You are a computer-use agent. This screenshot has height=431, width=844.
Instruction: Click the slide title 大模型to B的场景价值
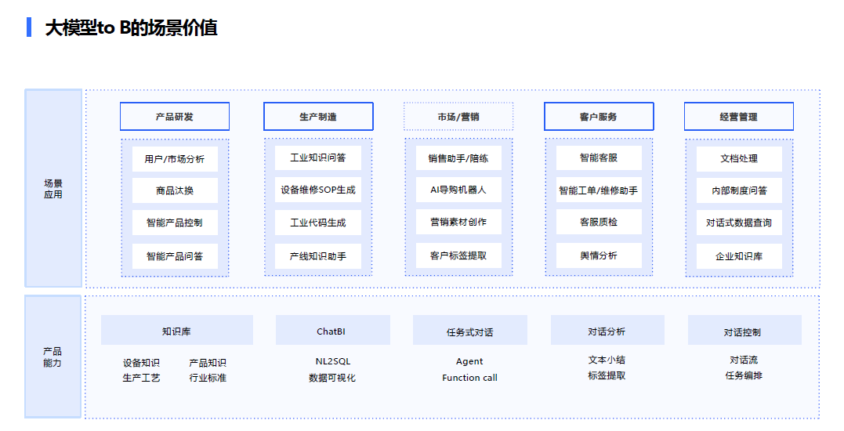pyautogui.click(x=131, y=27)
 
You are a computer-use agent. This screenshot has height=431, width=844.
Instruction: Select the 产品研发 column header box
pyautogui.click(x=175, y=116)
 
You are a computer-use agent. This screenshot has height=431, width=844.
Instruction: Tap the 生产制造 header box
pyautogui.click(x=318, y=116)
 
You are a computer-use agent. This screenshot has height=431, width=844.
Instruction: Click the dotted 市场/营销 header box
pyautogui.click(x=458, y=116)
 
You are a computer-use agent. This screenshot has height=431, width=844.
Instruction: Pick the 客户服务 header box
pyautogui.click(x=599, y=116)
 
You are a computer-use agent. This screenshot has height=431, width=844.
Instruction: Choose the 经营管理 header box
pyautogui.click(x=738, y=116)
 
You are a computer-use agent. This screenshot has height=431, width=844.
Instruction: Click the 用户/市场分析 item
pyautogui.click(x=175, y=159)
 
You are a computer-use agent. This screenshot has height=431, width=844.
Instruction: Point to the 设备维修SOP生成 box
pyautogui.click(x=318, y=190)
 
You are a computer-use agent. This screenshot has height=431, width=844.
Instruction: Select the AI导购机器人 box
pyautogui.click(x=458, y=190)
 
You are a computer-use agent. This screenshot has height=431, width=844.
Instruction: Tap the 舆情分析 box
pyautogui.click(x=599, y=255)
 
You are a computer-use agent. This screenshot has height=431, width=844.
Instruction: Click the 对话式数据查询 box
pyautogui.click(x=739, y=223)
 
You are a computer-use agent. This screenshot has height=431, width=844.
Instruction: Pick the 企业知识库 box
pyautogui.click(x=739, y=256)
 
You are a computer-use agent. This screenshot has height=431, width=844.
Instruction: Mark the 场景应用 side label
pyautogui.click(x=53, y=189)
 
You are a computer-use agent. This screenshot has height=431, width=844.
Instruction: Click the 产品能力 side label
pyautogui.click(x=53, y=357)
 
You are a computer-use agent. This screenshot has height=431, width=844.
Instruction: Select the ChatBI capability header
pyautogui.click(x=331, y=331)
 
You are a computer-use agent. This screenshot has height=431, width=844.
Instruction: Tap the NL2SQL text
pyautogui.click(x=332, y=361)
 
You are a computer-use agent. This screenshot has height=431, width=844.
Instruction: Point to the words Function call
pyautogui.click(x=470, y=378)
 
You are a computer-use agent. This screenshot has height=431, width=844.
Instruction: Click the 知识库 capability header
pyautogui.click(x=176, y=331)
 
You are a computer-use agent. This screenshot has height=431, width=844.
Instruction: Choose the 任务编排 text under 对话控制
pyautogui.click(x=744, y=375)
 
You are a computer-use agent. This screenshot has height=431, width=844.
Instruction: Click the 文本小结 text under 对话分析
pyautogui.click(x=607, y=360)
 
